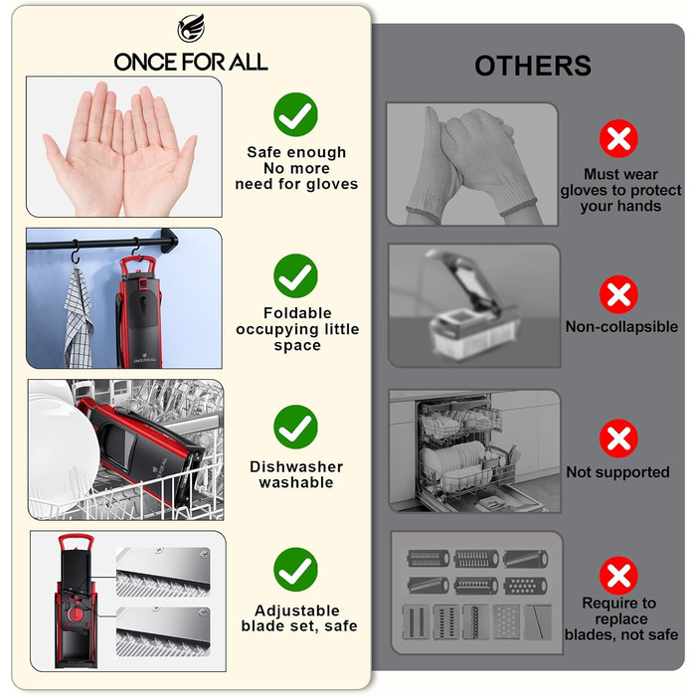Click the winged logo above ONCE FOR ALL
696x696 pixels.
(191, 28)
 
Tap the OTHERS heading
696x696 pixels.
(533, 66)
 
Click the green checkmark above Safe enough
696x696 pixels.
(295, 114)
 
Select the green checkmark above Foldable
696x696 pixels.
(295, 275)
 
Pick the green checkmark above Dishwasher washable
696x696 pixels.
(295, 427)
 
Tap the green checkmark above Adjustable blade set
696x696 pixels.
(295, 570)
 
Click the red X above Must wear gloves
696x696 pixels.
(618, 138)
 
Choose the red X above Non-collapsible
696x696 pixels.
(618, 294)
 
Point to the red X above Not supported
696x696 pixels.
(618, 438)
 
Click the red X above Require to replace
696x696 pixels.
(618, 576)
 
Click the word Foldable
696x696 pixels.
(297, 313)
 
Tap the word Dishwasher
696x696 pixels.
(296, 466)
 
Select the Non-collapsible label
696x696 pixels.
(621, 327)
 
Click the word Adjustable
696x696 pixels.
(297, 610)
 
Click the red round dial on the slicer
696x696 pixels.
(77, 614)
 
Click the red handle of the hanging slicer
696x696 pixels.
(138, 265)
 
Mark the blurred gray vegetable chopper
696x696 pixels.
(471, 306)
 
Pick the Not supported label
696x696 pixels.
(617, 472)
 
